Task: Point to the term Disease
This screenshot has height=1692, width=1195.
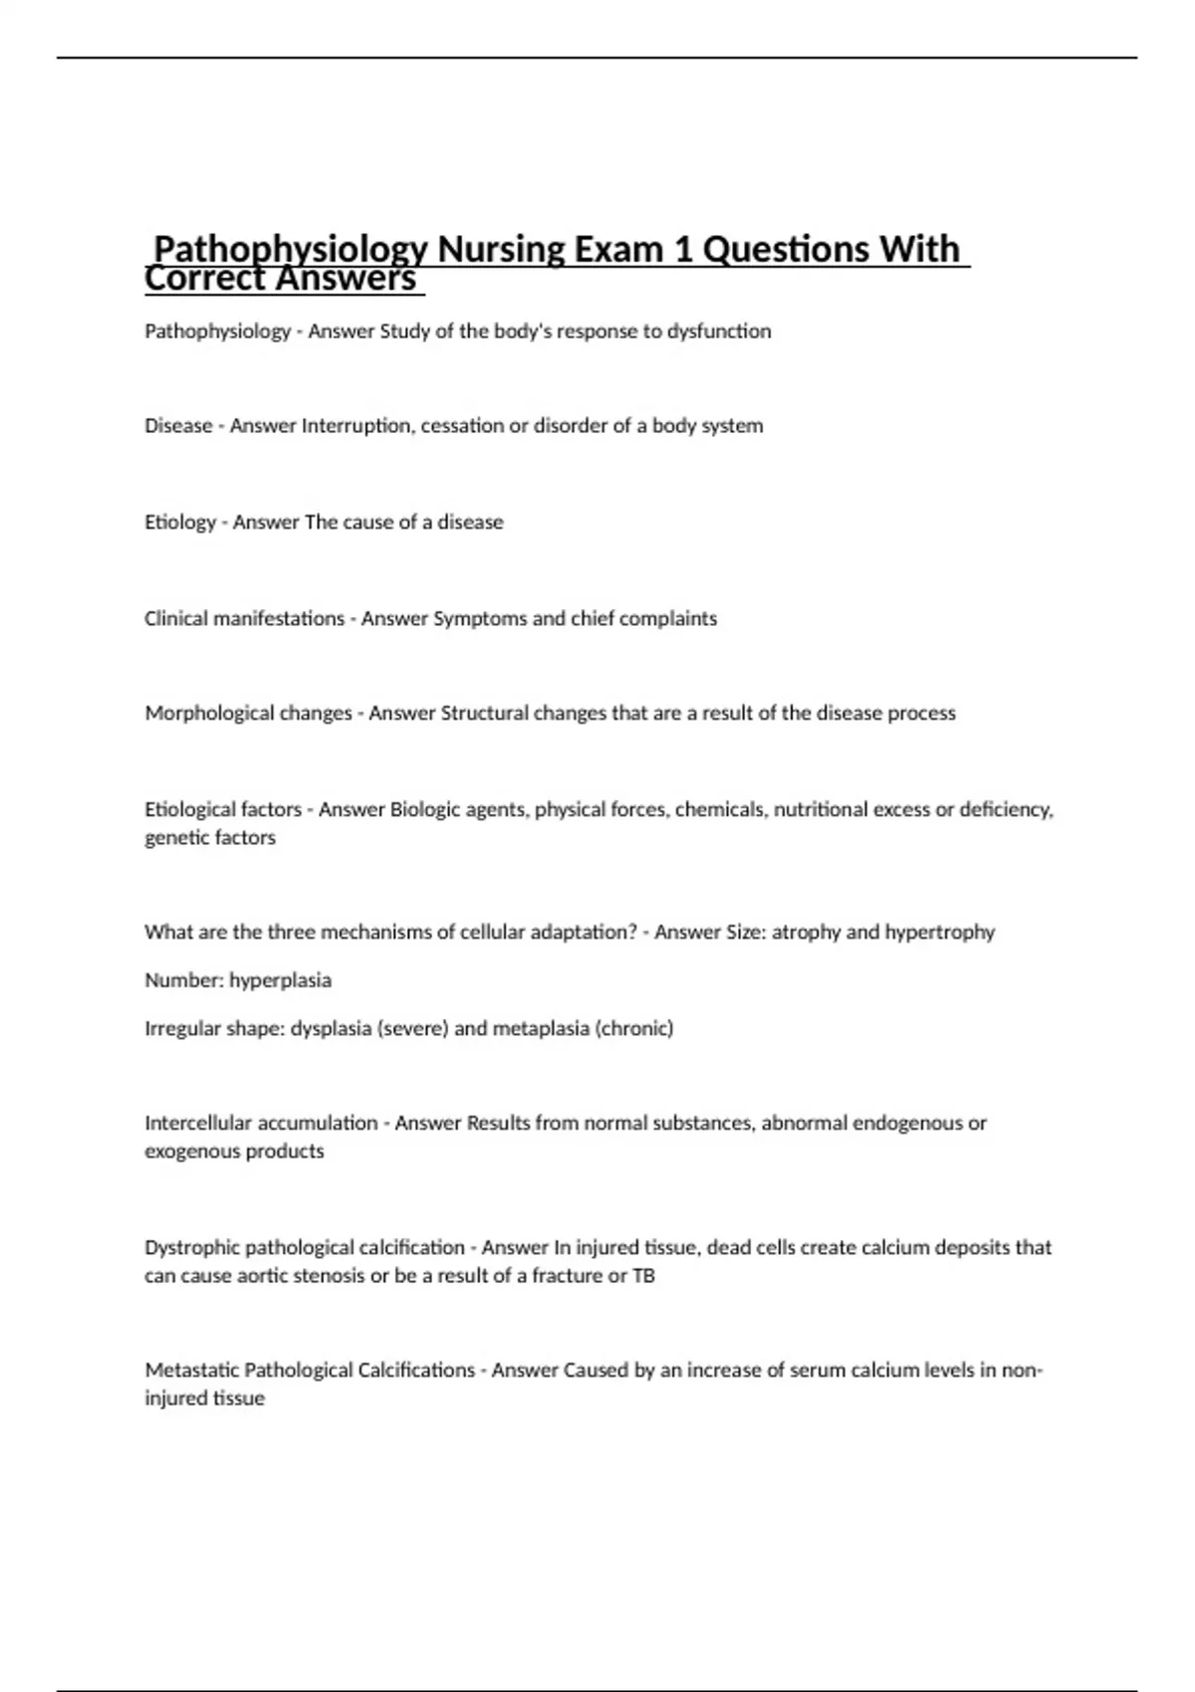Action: [178, 426]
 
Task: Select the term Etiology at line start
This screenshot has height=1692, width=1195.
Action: [180, 523]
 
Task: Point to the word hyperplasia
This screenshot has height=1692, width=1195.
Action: [280, 980]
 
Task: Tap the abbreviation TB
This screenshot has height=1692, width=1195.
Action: [643, 1276]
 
